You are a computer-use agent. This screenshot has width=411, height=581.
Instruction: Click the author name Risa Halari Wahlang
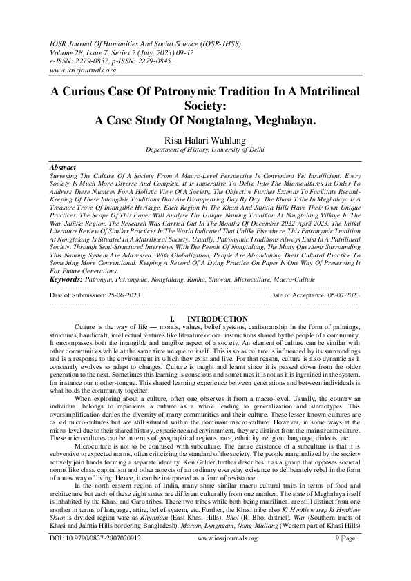[x=206, y=139]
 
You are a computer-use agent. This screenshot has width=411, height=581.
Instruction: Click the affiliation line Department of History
[x=206, y=150]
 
